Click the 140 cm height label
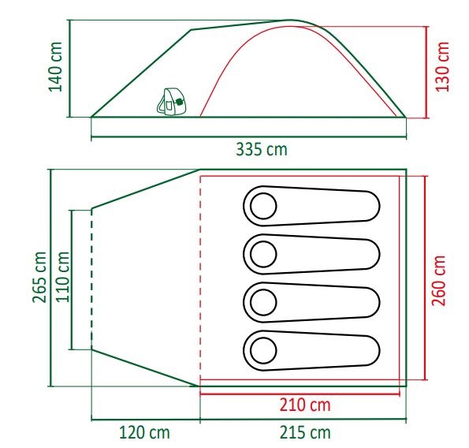(56, 67)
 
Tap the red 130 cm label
(442, 67)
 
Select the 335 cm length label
(262, 149)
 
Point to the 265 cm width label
(39, 278)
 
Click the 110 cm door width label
(63, 278)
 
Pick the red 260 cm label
(439, 281)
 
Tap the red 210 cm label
(305, 405)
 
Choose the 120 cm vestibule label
(144, 432)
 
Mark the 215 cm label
(305, 432)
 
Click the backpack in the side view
(172, 102)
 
